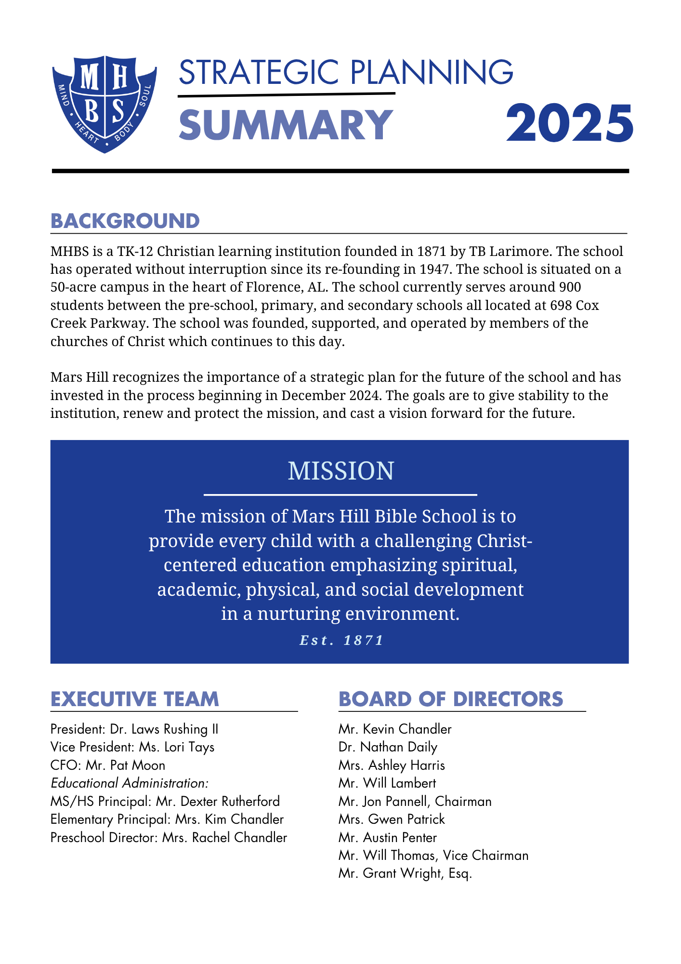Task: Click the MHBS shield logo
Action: point(105,104)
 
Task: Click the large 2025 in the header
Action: point(569,124)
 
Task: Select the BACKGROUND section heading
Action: point(125,221)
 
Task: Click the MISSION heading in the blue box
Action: point(340,471)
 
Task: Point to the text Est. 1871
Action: point(341,640)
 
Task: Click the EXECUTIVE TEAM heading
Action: point(135,699)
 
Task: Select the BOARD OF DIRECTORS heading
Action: point(451,699)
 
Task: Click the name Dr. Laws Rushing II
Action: point(164,729)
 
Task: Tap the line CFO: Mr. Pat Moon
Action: point(108,765)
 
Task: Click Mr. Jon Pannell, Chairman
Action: point(415,802)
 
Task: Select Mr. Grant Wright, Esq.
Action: point(405,873)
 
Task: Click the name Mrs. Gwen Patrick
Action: point(392,819)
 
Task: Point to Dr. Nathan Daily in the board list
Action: point(388,747)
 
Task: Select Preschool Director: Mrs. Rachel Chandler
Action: point(169,838)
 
